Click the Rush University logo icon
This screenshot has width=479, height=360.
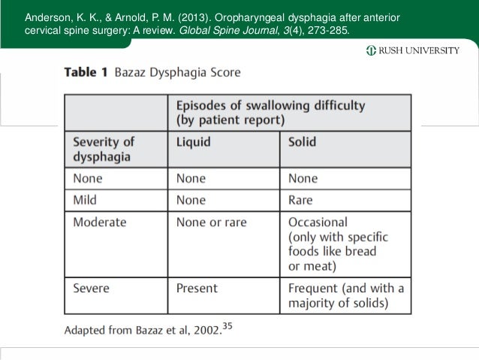click(371, 51)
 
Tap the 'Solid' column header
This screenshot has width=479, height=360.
click(302, 141)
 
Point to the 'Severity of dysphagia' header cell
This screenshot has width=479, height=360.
click(104, 149)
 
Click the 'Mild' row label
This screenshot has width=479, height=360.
click(86, 201)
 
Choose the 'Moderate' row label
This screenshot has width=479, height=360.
click(100, 222)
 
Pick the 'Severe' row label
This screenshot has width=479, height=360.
click(91, 288)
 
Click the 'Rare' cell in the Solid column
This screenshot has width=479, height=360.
click(301, 201)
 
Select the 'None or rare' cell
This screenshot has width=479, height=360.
click(211, 222)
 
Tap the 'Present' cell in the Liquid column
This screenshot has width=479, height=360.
click(197, 288)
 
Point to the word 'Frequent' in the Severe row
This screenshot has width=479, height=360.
click(314, 288)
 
